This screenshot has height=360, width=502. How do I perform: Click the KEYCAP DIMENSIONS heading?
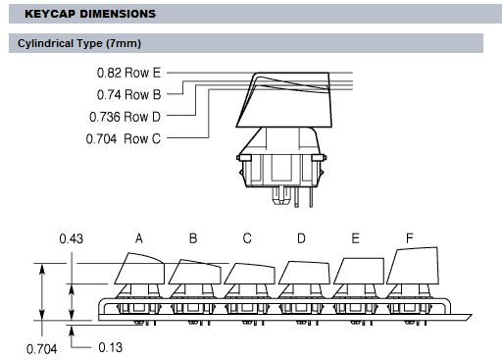coord(90,14)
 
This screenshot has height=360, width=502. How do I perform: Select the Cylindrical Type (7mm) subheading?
coord(79,43)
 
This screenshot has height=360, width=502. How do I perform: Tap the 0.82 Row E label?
coord(128,73)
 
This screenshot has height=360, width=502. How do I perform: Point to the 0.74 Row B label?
coord(128,94)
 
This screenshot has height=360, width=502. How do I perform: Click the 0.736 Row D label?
coord(125,117)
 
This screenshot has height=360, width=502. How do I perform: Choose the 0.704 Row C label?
coord(124,139)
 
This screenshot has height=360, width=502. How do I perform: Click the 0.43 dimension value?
coord(72,238)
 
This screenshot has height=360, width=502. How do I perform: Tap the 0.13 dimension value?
coord(111,347)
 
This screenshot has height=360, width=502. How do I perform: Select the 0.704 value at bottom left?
coord(41,349)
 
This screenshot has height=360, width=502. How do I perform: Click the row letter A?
coord(139,238)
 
